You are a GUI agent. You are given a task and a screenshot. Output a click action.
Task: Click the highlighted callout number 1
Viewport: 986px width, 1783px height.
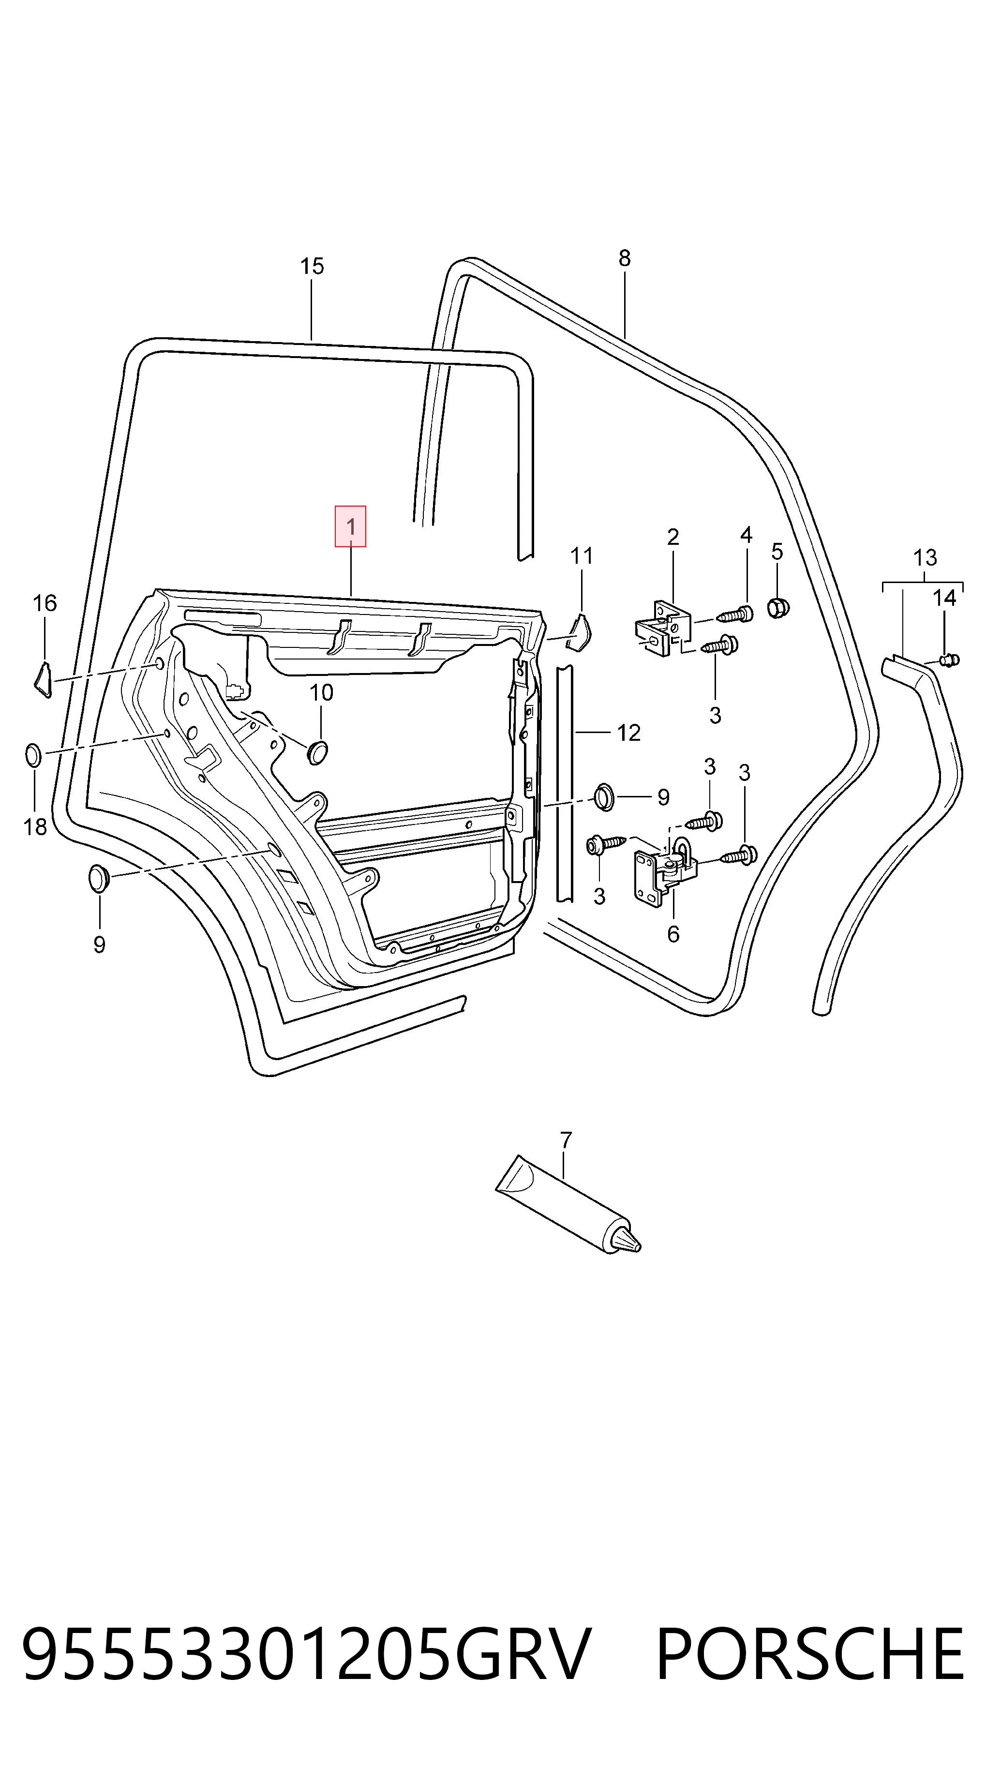[351, 527]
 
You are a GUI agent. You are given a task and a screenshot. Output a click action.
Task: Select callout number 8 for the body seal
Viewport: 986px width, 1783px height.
[624, 258]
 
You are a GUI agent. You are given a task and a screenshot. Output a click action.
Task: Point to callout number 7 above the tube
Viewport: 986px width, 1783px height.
[566, 1139]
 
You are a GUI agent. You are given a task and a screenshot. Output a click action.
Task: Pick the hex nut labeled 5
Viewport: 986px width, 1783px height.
[778, 608]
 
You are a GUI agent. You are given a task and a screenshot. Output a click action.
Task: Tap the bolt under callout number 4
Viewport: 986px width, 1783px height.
[735, 613]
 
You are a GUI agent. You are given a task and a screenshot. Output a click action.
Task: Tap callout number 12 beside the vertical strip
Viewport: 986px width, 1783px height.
[628, 732]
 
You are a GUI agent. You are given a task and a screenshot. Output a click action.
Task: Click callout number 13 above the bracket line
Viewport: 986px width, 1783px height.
[925, 557]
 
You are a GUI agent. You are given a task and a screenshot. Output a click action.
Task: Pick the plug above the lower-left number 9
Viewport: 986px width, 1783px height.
[100, 878]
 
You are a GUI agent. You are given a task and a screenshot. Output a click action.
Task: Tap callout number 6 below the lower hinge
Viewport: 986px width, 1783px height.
[673, 934]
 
